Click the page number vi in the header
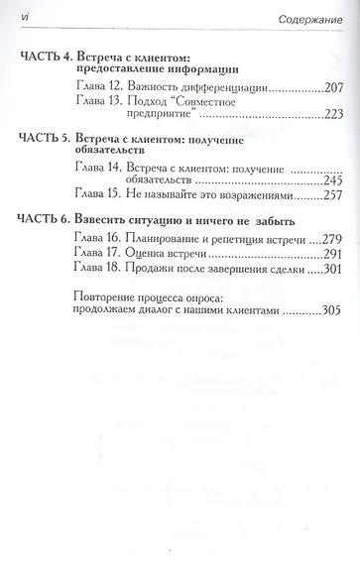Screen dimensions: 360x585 (x=25, y=20)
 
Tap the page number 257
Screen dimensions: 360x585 (x=327, y=196)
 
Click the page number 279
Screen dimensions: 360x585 (x=327, y=239)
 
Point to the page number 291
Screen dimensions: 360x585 (x=327, y=256)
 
